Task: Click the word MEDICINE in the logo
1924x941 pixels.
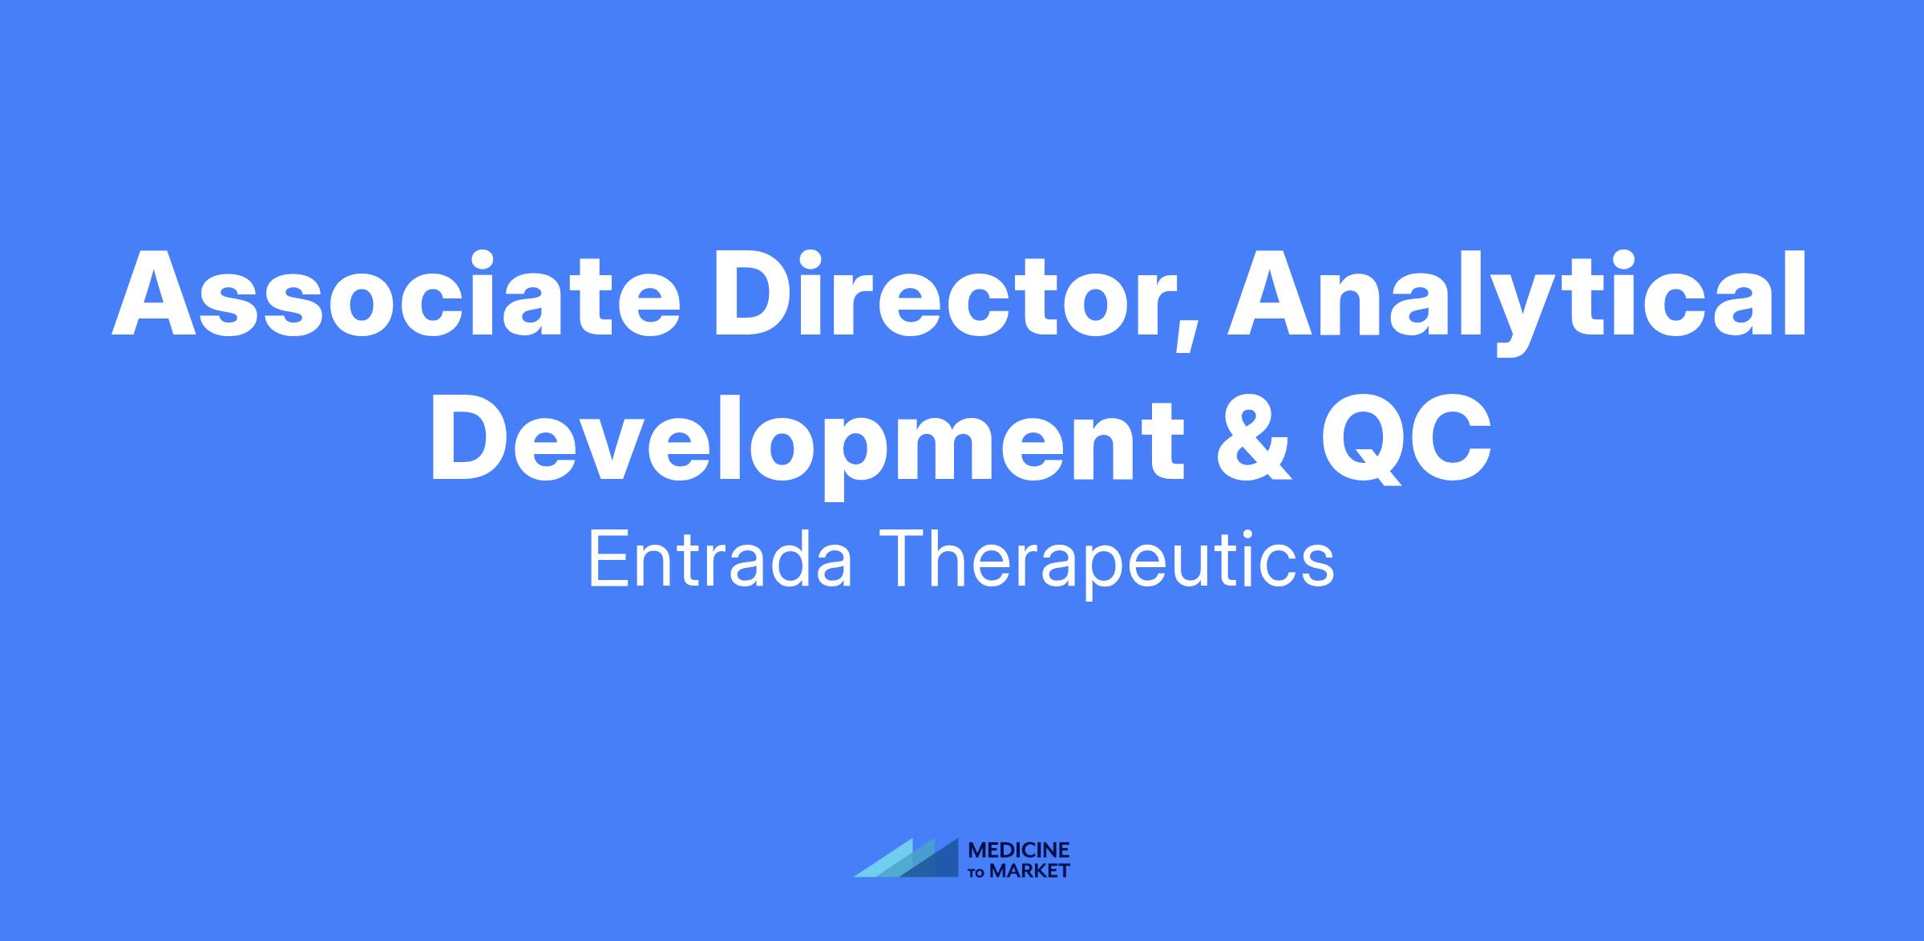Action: point(1019,850)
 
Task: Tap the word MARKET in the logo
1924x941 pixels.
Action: point(1029,870)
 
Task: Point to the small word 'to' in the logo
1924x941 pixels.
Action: point(978,872)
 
